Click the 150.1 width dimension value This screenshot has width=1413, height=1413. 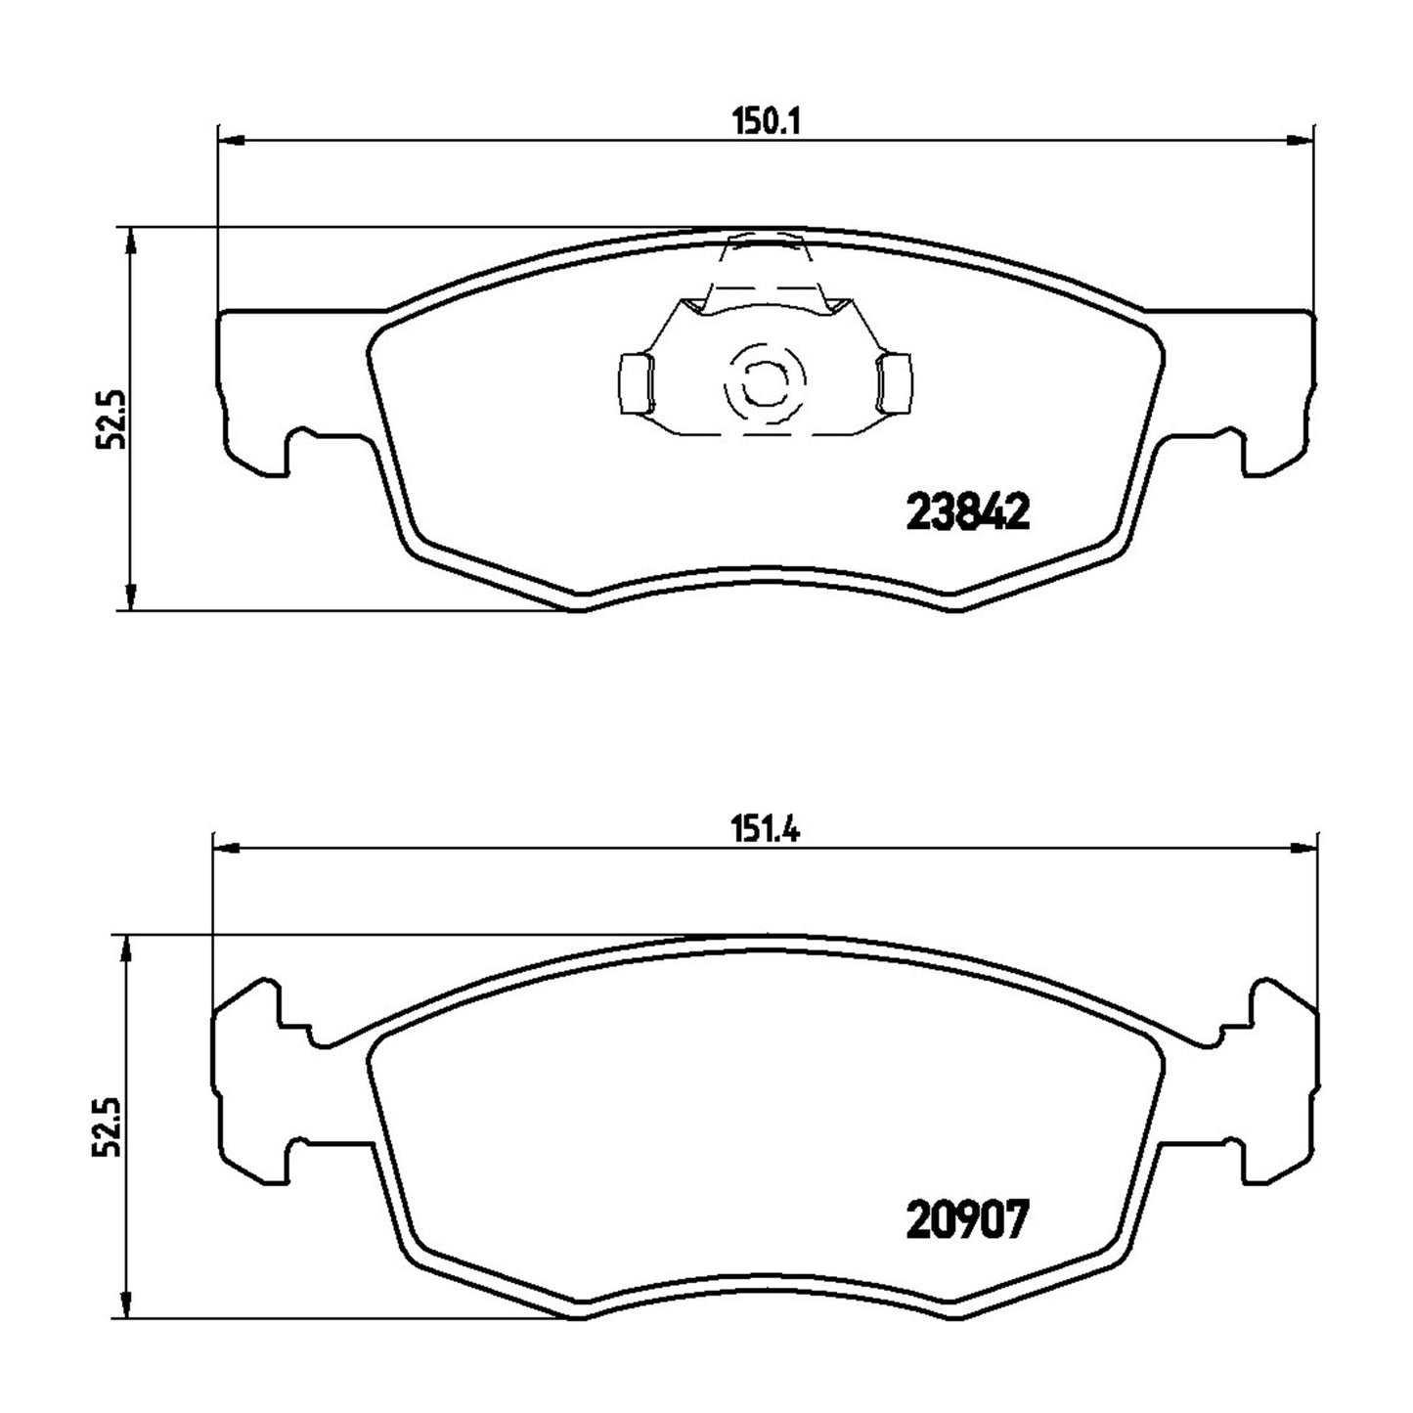(x=767, y=121)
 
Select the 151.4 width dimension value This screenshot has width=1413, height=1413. (x=767, y=831)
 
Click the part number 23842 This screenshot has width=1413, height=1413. (x=969, y=511)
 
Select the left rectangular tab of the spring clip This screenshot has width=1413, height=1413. (x=636, y=381)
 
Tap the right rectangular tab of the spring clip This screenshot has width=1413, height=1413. (x=896, y=381)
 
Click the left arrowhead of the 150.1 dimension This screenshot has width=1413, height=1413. (x=231, y=140)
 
